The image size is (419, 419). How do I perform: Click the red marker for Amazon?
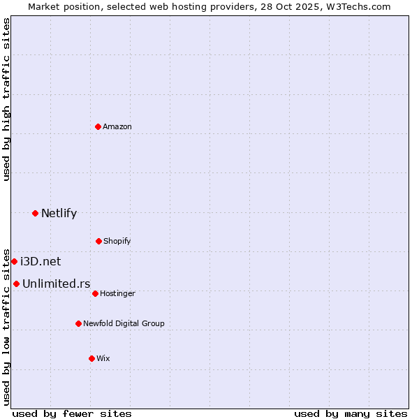pos(98,126)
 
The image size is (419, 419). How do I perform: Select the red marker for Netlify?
pos(35,213)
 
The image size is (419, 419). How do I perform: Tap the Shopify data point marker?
pos(98,241)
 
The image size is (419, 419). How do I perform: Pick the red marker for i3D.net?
pos(14,261)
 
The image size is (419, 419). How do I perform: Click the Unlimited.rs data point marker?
pos(16,284)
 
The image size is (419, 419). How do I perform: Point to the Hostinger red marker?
pos(95,293)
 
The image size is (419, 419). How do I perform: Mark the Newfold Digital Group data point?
pos(78,323)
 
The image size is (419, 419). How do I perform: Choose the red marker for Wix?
pos(91,358)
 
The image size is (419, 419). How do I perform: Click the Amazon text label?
pos(117,126)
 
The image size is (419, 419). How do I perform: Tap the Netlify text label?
pos(59,213)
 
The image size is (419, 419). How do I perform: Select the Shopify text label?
pos(117,241)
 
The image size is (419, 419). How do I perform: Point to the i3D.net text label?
pos(41,261)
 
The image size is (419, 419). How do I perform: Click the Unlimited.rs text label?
pos(56,284)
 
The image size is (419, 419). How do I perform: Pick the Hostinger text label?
pos(117,293)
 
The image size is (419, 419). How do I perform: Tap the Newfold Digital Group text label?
pos(124,323)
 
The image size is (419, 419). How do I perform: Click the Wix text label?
pos(103,358)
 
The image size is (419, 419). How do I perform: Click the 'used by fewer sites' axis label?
pos(72,413)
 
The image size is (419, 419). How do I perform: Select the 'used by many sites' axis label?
pos(351,413)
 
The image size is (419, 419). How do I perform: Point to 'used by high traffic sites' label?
pos(6,99)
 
